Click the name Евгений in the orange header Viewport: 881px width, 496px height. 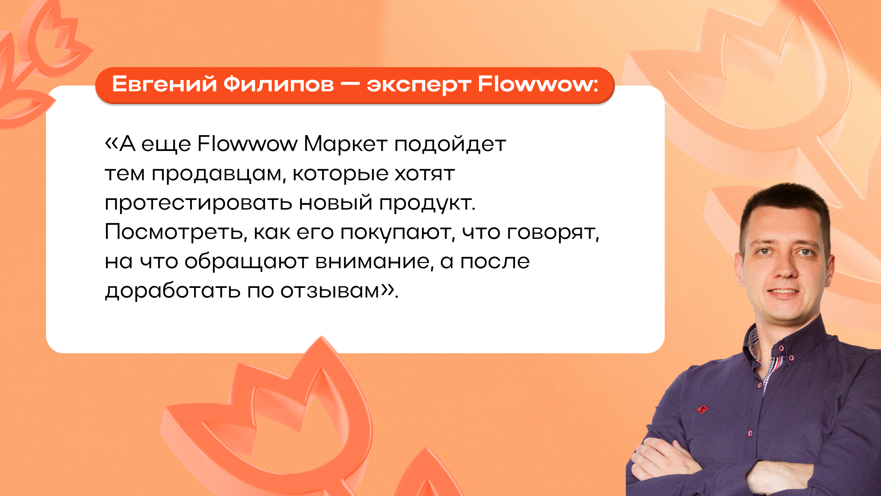click(164, 84)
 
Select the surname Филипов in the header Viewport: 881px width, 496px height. click(279, 84)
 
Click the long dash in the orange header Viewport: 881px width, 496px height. click(350, 85)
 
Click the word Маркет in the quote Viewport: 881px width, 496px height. click(345, 144)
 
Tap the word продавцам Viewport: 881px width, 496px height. click(218, 174)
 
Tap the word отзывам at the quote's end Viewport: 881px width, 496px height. click(330, 291)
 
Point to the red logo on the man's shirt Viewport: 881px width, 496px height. click(702, 409)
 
